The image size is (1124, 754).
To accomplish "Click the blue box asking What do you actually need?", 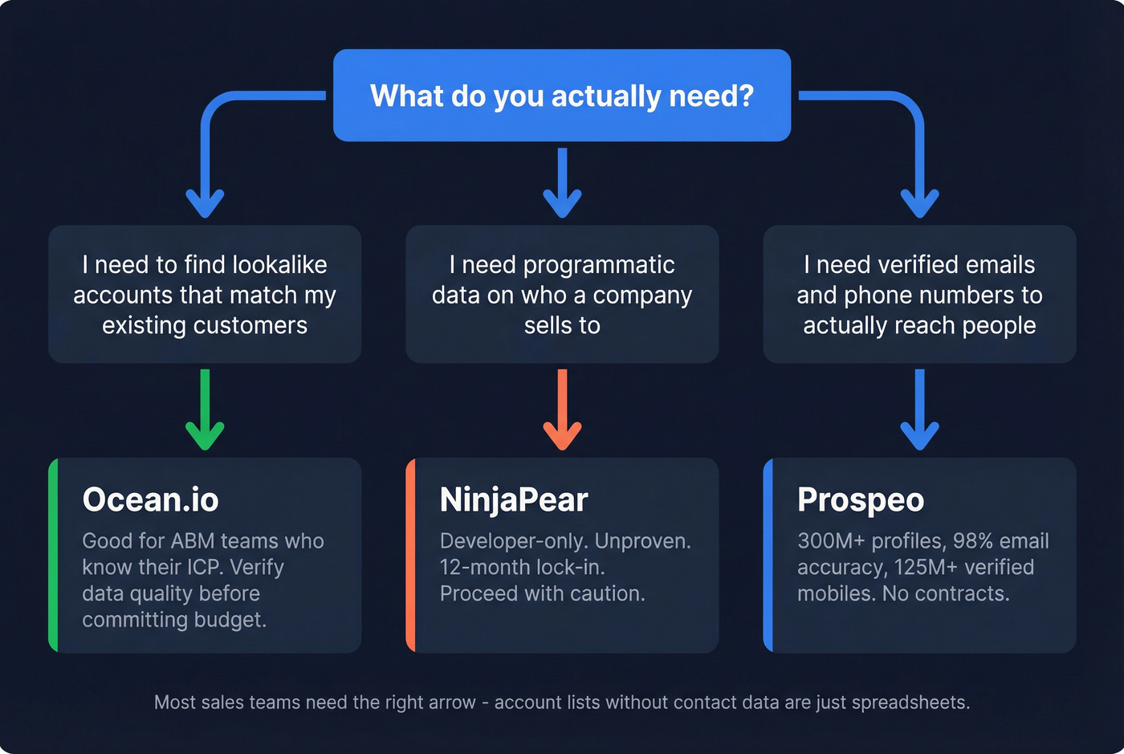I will click(562, 96).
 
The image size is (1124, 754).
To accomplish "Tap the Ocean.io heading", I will click(150, 499).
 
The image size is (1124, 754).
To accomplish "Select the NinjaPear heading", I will click(514, 499).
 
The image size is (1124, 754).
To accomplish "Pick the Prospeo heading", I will click(861, 499).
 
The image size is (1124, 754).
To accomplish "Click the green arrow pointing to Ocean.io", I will click(205, 410).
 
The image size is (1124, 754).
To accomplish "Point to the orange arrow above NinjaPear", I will click(562, 410).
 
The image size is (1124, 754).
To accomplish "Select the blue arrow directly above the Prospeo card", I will click(919, 410).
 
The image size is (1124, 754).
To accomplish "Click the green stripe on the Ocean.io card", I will click(53, 555).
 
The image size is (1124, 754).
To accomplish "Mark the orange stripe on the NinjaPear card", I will click(410, 555).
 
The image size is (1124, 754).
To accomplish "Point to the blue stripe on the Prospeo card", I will click(768, 555).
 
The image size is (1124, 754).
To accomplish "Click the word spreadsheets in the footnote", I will click(910, 703).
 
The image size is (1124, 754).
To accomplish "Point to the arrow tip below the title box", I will click(562, 210).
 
